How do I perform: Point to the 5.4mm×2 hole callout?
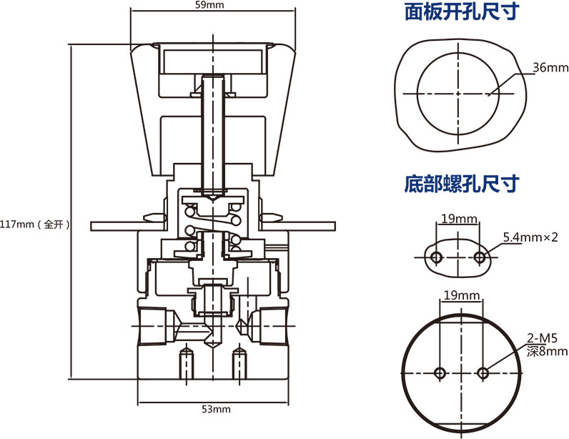(530, 237)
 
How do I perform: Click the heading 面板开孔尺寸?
(460, 13)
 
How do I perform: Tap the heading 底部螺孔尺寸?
(460, 184)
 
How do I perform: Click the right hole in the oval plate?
(480, 256)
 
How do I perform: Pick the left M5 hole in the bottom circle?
(440, 373)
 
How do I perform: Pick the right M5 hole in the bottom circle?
(483, 373)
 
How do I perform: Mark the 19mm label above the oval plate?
(457, 218)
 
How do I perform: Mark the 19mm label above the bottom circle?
(461, 295)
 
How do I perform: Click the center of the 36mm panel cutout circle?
(458, 93)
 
